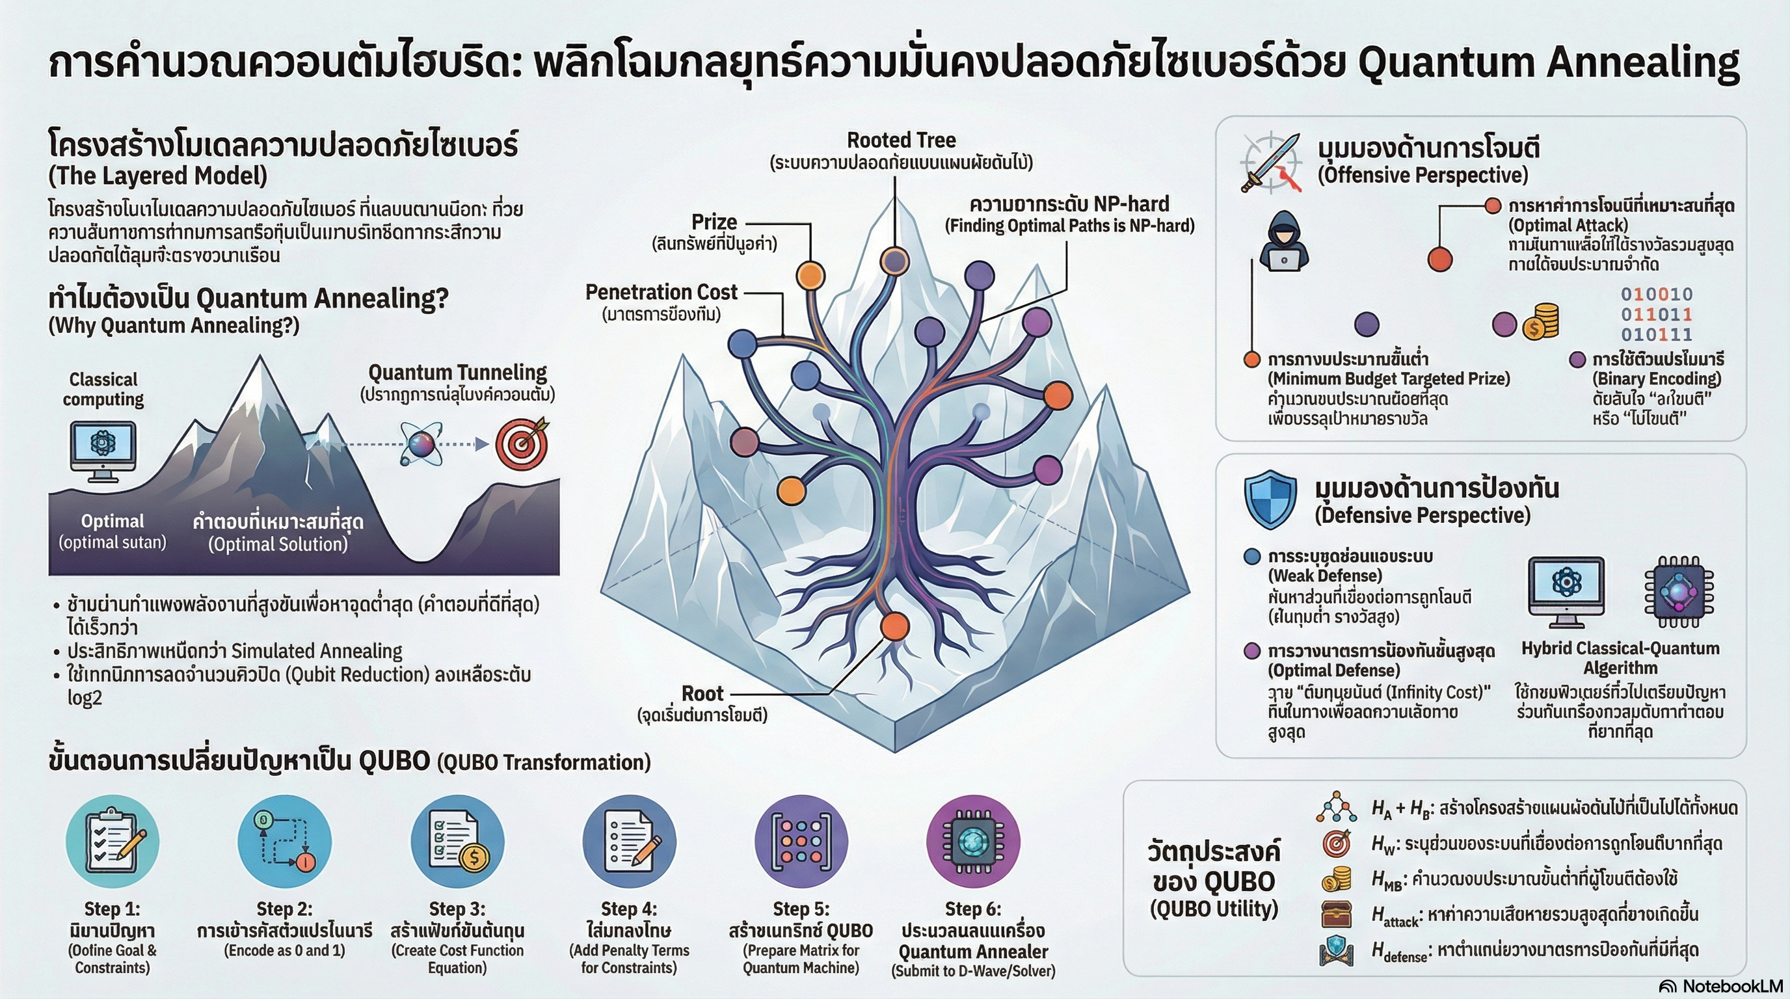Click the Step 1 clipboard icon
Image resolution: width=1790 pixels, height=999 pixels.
pyautogui.click(x=112, y=842)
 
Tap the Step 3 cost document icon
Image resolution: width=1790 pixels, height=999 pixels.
pyautogui.click(x=457, y=842)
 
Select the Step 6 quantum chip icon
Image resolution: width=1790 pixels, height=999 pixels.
pyautogui.click(x=973, y=842)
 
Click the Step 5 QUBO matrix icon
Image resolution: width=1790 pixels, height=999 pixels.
pyautogui.click(x=801, y=842)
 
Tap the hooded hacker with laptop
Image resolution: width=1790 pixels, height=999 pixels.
pyautogui.click(x=1283, y=243)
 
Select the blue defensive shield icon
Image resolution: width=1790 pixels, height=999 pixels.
pyautogui.click(x=1270, y=498)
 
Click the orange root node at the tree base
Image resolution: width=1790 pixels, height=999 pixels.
pyautogui.click(x=894, y=626)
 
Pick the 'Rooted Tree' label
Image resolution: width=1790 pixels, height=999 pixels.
pyautogui.click(x=902, y=140)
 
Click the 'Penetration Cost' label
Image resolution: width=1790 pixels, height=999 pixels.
pyautogui.click(x=661, y=293)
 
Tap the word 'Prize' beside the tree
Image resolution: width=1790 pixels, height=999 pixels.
pyautogui.click(x=714, y=222)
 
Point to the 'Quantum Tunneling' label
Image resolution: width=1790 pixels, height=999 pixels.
pyautogui.click(x=457, y=373)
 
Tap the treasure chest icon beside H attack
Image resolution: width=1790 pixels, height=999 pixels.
pyautogui.click(x=1335, y=914)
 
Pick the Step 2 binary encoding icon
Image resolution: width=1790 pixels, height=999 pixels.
pyautogui.click(x=284, y=842)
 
